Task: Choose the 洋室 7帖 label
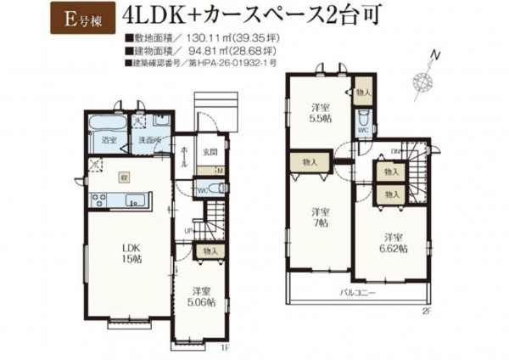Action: click(319, 217)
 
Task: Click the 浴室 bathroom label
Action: click(109, 139)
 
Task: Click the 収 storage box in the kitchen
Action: click(124, 178)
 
